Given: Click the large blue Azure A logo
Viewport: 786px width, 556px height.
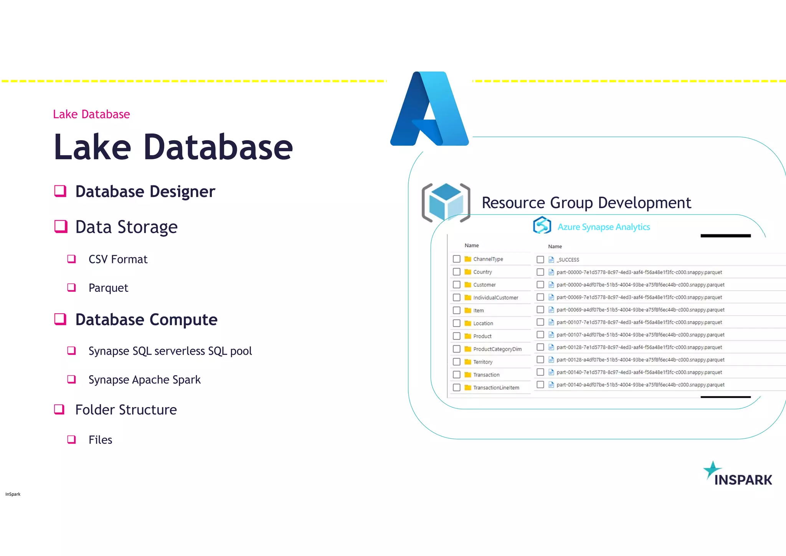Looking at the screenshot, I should pyautogui.click(x=429, y=109).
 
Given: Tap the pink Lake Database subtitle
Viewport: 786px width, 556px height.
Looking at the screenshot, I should pyautogui.click(x=91, y=114).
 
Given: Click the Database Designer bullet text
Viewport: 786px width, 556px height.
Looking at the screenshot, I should pyautogui.click(x=145, y=192).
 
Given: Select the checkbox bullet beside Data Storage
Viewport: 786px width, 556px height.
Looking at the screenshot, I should pyautogui.click(x=61, y=227).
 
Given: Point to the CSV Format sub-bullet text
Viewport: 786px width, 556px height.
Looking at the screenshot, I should pyautogui.click(x=118, y=260).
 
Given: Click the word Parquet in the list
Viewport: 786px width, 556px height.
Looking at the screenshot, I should pyautogui.click(x=108, y=288).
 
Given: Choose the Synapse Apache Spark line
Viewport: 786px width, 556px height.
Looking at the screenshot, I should pyautogui.click(x=144, y=380).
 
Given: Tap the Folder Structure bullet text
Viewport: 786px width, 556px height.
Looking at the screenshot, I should pyautogui.click(x=126, y=410).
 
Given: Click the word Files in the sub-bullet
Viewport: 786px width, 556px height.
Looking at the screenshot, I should pyautogui.click(x=100, y=440).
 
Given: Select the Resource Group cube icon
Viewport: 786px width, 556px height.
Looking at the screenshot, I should pyautogui.click(x=446, y=203).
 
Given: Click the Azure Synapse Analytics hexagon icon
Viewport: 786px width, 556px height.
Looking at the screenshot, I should pyautogui.click(x=542, y=225).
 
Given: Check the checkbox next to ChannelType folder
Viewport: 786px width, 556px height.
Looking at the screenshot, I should pyautogui.click(x=456, y=259).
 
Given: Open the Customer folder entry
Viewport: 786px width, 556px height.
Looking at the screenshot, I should pyautogui.click(x=484, y=285).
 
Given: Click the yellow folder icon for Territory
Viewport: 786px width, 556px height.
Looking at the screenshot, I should pyautogui.click(x=467, y=362).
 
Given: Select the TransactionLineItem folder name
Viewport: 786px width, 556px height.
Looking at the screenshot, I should pyautogui.click(x=496, y=388).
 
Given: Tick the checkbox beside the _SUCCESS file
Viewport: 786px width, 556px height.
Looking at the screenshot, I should pyautogui.click(x=540, y=260).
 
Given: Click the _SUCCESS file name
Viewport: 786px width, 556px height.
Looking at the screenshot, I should pyautogui.click(x=568, y=260).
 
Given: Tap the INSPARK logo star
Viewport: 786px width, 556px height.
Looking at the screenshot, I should pyautogui.click(x=712, y=470).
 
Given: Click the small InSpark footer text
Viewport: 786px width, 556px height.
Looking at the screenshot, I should pyautogui.click(x=13, y=494).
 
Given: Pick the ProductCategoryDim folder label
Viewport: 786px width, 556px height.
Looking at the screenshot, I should pyautogui.click(x=497, y=349).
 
